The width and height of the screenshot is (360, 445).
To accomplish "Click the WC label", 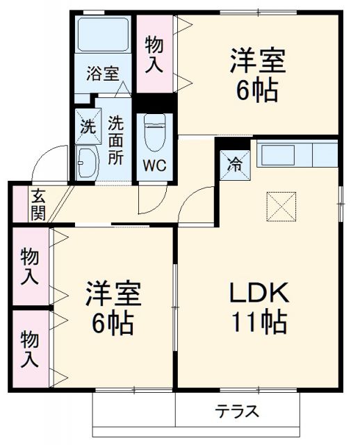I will click(154, 166).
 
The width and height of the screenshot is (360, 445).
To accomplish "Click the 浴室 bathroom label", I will click(103, 73).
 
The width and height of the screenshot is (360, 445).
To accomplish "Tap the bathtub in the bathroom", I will click(102, 35).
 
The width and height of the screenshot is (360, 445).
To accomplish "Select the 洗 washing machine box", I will click(87, 127).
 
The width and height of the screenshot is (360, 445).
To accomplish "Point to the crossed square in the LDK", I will click(281, 206).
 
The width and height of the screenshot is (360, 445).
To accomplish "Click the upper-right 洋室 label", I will click(258, 75).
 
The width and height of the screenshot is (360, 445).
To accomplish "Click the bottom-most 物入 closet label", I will click(29, 350).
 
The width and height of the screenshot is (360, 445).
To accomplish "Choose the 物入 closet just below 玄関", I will click(29, 266).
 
